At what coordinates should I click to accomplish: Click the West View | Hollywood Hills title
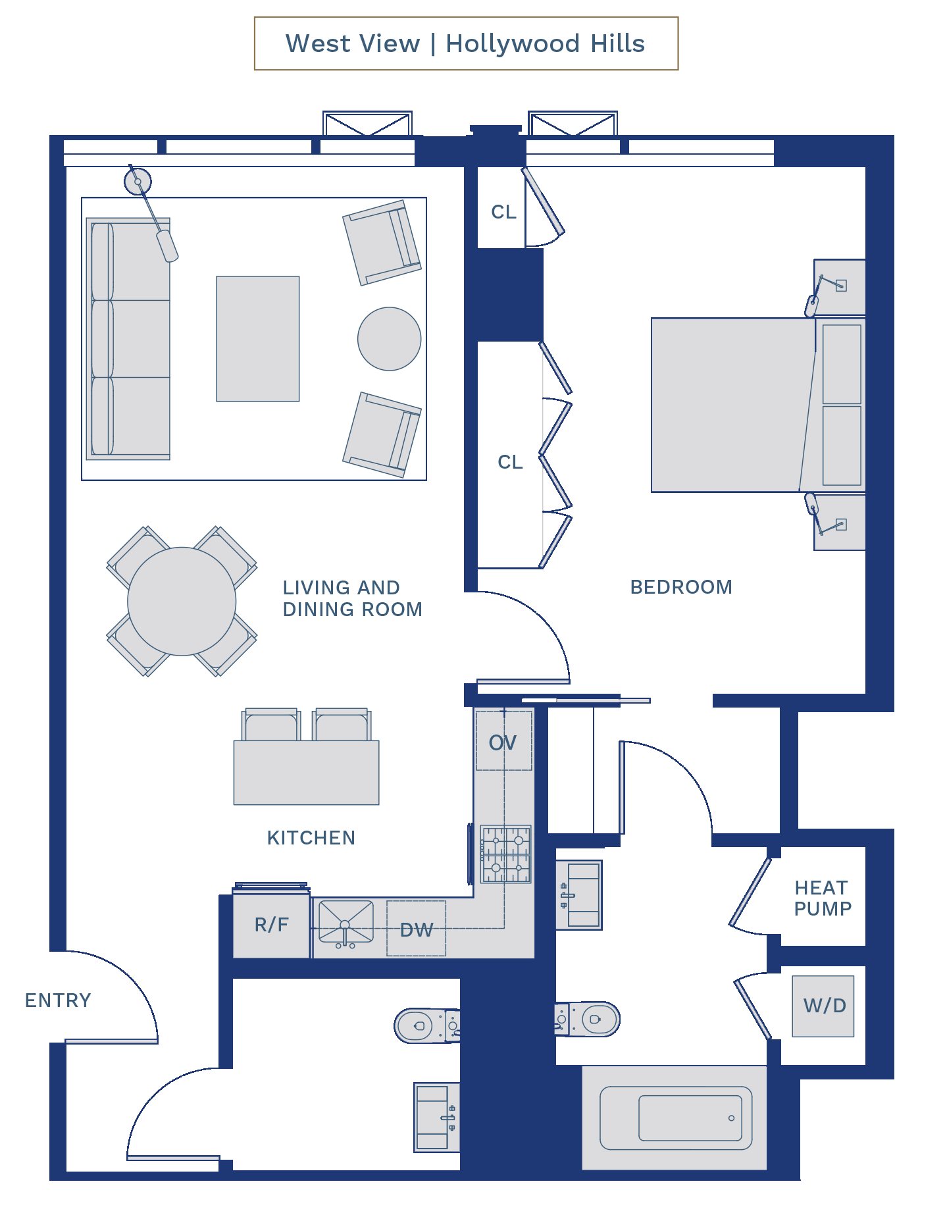(x=465, y=43)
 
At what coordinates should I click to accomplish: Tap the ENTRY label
(x=58, y=1000)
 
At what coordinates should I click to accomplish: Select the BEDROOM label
(x=681, y=587)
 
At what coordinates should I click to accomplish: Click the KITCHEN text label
(x=311, y=838)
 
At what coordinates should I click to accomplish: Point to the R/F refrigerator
(x=271, y=925)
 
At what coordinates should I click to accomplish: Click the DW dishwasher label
(x=417, y=930)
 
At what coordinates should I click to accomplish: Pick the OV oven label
(x=503, y=743)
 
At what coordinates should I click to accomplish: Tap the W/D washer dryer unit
(x=823, y=1006)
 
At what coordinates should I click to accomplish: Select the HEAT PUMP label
(x=823, y=898)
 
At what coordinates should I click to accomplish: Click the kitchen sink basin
(x=346, y=922)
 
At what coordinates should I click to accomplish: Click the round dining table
(x=182, y=601)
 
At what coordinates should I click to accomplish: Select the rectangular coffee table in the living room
(x=258, y=339)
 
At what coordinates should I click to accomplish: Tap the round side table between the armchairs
(x=390, y=339)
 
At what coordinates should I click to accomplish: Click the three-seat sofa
(x=128, y=339)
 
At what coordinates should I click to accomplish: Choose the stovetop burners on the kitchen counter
(x=505, y=854)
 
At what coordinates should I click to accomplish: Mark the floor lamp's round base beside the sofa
(x=138, y=181)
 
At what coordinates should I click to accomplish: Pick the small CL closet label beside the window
(x=503, y=212)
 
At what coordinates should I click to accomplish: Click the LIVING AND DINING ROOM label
(x=352, y=598)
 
